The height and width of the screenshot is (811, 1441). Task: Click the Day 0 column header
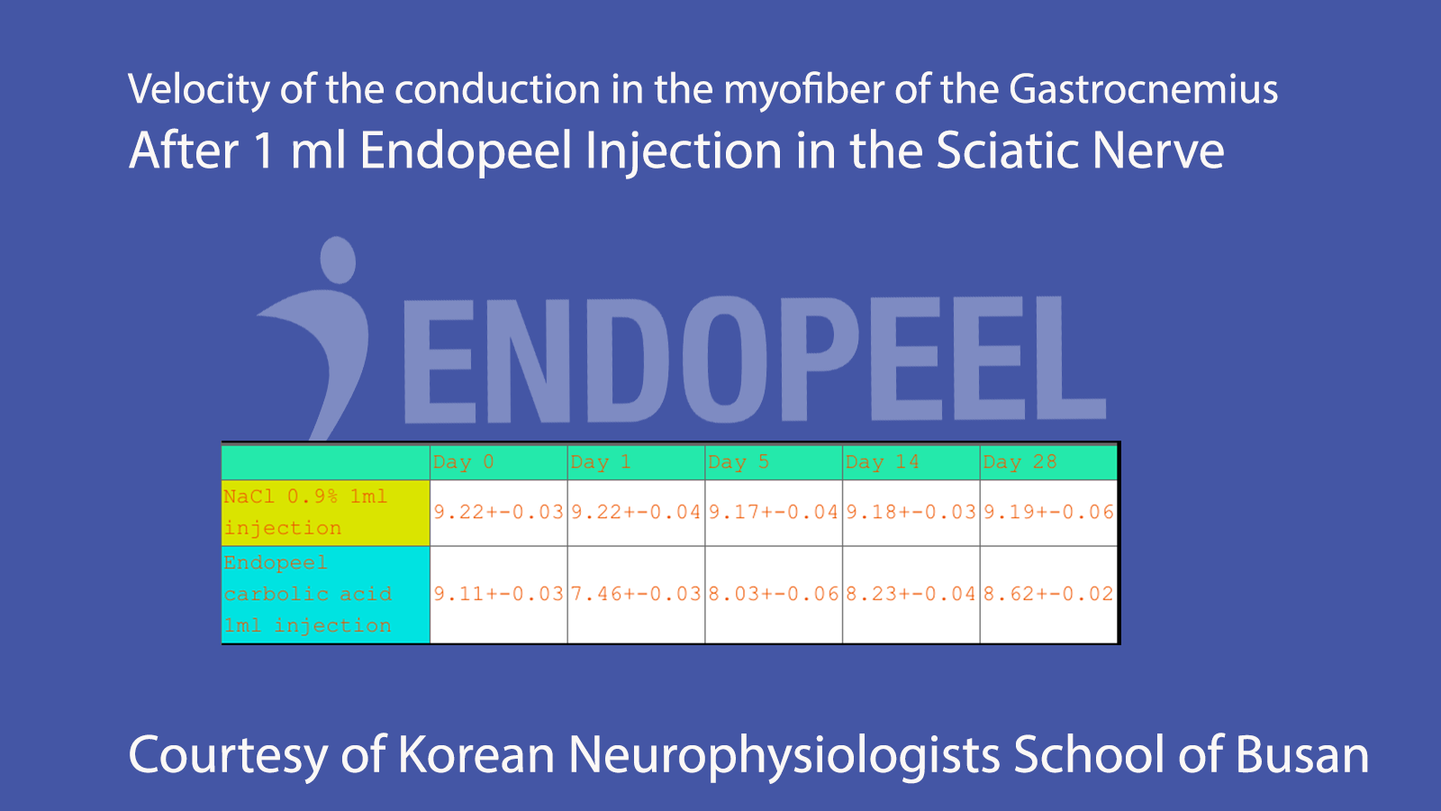498,462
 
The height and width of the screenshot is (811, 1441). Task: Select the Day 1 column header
636,462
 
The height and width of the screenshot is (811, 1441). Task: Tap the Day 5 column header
773,462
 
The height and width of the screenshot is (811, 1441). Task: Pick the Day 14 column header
911,462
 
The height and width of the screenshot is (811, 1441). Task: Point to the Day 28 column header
1048,462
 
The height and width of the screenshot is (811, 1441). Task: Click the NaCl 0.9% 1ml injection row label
325,512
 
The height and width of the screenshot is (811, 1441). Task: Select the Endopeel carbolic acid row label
325,594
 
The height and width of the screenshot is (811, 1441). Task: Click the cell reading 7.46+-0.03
636,594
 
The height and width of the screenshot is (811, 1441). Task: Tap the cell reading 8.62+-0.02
1048,594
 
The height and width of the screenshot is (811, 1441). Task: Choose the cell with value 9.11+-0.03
498,594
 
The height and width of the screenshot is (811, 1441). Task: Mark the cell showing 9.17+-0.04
773,512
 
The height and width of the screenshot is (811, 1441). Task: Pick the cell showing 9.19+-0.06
1048,512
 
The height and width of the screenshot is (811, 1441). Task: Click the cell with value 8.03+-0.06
773,594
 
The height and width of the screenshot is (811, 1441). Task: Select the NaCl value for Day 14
911,512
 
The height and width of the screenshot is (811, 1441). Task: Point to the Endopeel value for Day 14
911,594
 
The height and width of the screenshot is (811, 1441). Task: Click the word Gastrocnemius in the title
1143,90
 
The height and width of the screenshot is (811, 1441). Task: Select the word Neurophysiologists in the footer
784,755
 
